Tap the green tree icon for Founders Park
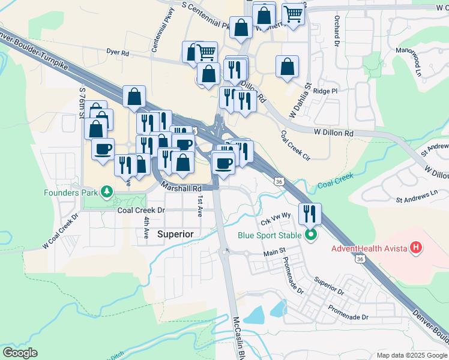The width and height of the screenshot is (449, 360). (x=107, y=192)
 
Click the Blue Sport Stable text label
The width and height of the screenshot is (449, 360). (x=269, y=235)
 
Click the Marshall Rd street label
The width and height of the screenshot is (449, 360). (x=181, y=188)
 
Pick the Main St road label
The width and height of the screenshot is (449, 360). (x=273, y=255)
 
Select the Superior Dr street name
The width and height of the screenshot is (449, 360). (x=328, y=286)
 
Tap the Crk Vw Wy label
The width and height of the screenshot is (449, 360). (x=276, y=217)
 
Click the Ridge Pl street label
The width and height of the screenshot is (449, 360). (x=326, y=91)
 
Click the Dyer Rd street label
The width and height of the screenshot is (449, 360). (x=118, y=53)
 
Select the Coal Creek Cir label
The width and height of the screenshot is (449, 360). (x=295, y=145)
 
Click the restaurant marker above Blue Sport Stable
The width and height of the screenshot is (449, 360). (x=310, y=214)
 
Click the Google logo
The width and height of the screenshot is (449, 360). (x=20, y=353)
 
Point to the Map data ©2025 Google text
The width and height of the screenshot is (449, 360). (x=411, y=355)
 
